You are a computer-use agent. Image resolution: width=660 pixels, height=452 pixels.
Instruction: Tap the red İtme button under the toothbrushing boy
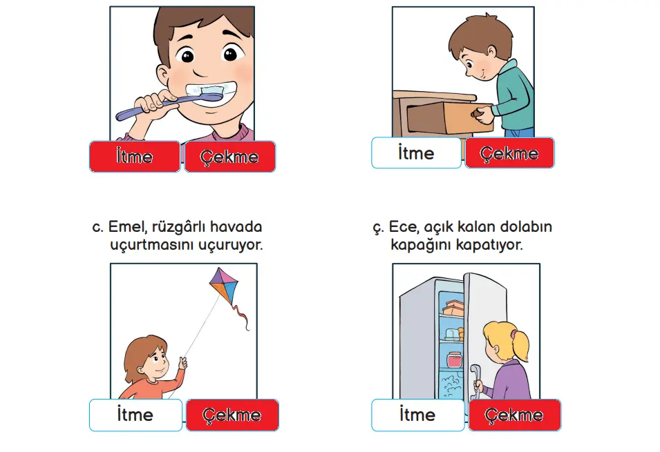click(x=135, y=157)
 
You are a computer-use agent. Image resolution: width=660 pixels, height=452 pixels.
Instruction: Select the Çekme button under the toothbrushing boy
click(x=229, y=157)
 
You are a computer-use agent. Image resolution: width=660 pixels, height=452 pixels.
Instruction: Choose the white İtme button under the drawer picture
click(x=416, y=153)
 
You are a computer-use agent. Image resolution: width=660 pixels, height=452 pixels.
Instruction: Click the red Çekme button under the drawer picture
click(x=509, y=153)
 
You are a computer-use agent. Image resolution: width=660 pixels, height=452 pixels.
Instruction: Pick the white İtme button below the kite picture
click(x=135, y=415)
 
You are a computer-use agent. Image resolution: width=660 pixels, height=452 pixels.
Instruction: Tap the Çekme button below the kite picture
click(x=232, y=415)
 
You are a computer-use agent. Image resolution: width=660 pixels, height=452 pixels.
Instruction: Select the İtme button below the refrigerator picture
click(x=417, y=415)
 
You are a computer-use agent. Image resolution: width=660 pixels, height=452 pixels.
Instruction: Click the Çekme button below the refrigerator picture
click(x=514, y=415)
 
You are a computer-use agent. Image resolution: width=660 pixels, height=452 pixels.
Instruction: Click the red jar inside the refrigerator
click(x=453, y=360)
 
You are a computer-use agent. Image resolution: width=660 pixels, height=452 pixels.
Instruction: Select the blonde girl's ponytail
click(x=518, y=342)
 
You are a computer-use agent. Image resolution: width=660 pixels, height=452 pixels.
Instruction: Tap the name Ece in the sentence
click(x=404, y=227)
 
